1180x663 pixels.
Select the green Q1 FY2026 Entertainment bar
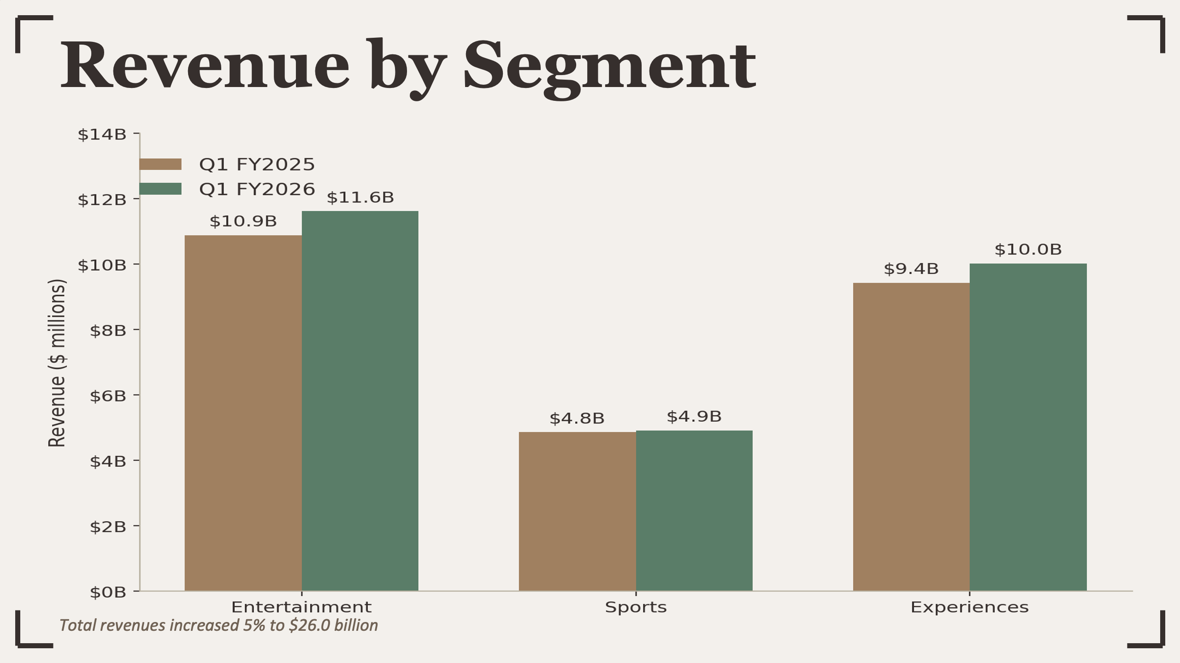360,401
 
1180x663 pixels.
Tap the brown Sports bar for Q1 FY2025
577,511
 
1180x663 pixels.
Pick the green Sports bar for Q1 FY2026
694,511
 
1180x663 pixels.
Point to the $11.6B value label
360,198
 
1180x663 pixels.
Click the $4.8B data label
577,419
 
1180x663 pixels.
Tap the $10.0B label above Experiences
1028,250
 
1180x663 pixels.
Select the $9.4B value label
911,269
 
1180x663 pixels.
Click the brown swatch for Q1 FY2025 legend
160,164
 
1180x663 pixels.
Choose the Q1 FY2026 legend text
257,189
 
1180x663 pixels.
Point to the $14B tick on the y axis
102,134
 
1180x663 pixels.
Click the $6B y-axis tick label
108,396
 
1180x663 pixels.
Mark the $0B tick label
108,592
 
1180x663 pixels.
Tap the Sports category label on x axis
636,607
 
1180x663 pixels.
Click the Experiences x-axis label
969,607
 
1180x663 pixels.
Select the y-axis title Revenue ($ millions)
57,363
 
